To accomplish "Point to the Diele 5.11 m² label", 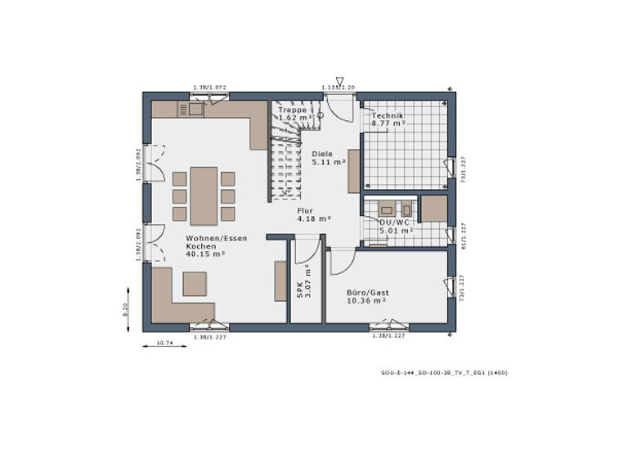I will pos(328,158).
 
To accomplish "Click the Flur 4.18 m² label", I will pos(313,214).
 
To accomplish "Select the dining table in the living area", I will pos(204,195).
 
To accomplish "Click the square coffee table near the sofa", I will pos(195,283).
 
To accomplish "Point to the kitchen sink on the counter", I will pos(195,110).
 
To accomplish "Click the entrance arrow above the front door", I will pos(339,81).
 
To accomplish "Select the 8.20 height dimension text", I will pos(126,309).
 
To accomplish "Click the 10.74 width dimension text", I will pos(164,343).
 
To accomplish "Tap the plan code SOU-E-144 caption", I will pos(444,373).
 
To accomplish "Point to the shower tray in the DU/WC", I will pos(433,209).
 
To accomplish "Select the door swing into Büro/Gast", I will pos(342,261).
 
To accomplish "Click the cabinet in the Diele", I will pos(354,171).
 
